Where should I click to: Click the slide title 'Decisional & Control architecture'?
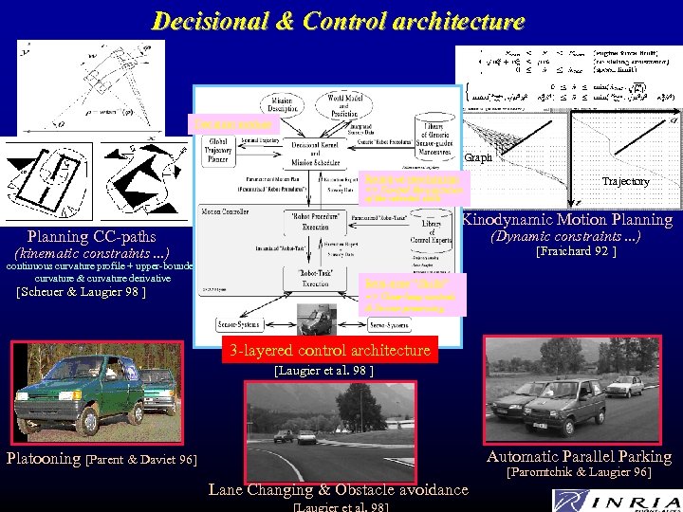(338, 21)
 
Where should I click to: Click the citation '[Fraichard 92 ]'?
(576, 252)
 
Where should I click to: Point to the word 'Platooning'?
(44, 459)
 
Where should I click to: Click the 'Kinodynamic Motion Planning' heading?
(567, 220)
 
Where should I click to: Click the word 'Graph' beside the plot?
(478, 157)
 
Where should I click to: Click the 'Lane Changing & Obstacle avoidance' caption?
(338, 489)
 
